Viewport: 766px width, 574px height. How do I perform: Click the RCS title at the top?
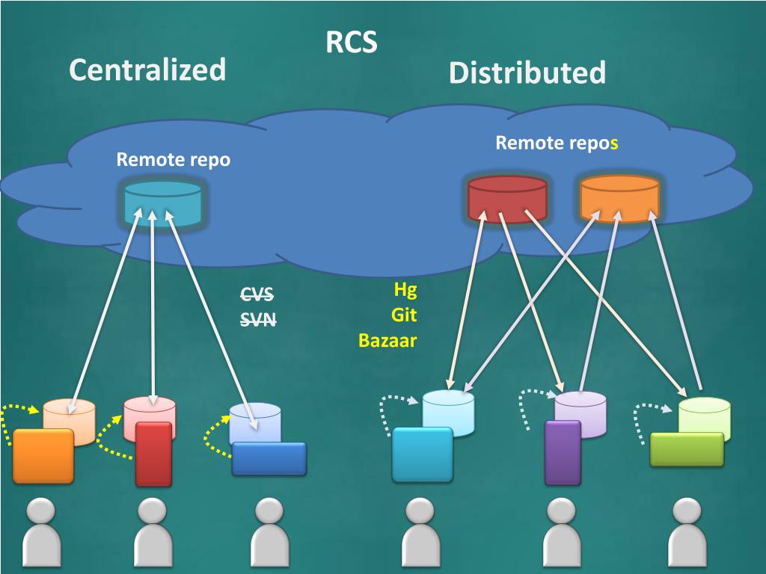[x=352, y=43]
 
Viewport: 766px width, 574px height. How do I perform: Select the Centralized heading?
[x=147, y=70]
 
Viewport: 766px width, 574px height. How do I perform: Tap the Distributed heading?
[x=527, y=73]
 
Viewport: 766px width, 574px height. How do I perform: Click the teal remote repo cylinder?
[x=162, y=203]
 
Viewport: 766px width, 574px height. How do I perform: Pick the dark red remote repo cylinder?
[x=507, y=199]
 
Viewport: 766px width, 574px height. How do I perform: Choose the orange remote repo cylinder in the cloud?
[x=619, y=199]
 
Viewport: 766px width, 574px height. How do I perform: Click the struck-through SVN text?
[x=258, y=320]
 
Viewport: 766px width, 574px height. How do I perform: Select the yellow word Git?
[x=404, y=315]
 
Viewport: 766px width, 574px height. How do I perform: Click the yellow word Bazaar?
[x=387, y=341]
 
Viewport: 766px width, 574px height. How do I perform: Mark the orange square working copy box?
[x=43, y=455]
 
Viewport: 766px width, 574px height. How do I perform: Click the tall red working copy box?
[x=154, y=454]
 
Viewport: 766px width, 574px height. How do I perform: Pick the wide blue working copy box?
[x=269, y=458]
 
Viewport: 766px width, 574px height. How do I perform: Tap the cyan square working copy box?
[x=423, y=454]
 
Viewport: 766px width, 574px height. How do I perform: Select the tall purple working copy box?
[x=563, y=452]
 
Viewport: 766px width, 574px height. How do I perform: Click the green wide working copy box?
[x=687, y=448]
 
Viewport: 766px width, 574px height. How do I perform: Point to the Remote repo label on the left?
[x=173, y=159]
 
